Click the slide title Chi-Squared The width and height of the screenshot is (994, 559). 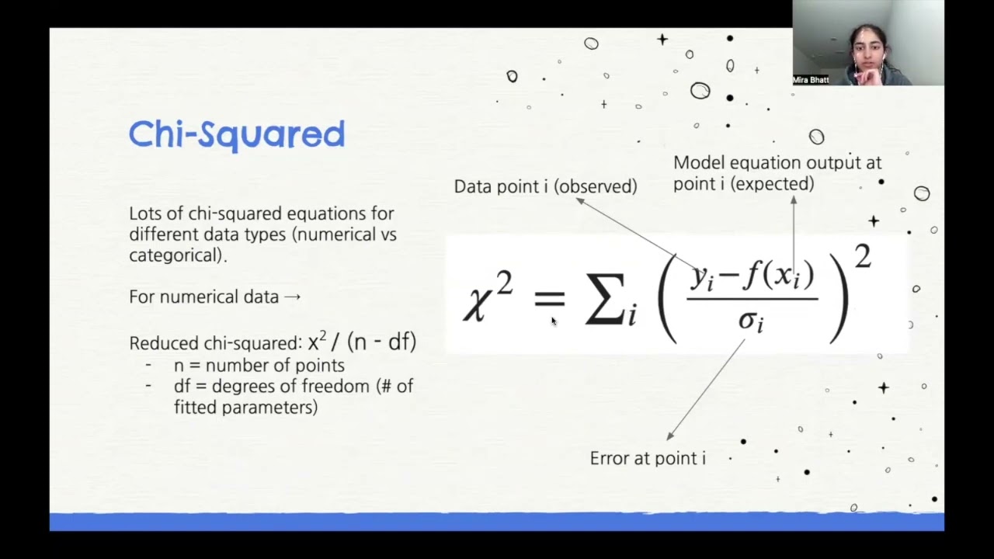coord(236,135)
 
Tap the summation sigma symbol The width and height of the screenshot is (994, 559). coord(606,300)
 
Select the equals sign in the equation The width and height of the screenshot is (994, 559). coord(549,298)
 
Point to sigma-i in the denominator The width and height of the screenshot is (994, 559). coord(750,320)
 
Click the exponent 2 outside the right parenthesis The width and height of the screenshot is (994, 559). coord(863,256)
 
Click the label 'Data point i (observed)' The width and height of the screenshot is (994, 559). coord(545,186)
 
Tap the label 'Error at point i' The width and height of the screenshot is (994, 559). coord(647,458)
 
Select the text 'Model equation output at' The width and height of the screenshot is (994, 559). coord(777,163)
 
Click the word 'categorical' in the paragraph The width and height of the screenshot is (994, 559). coord(176,255)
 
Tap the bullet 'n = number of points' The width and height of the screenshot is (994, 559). coord(259,365)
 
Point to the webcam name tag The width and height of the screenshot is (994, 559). coord(810,80)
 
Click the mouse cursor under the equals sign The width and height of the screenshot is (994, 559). coord(554,321)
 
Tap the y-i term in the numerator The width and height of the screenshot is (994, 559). coord(701,278)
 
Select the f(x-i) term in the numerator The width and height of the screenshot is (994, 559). coord(776,276)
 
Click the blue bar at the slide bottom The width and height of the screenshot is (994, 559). coord(497,522)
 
